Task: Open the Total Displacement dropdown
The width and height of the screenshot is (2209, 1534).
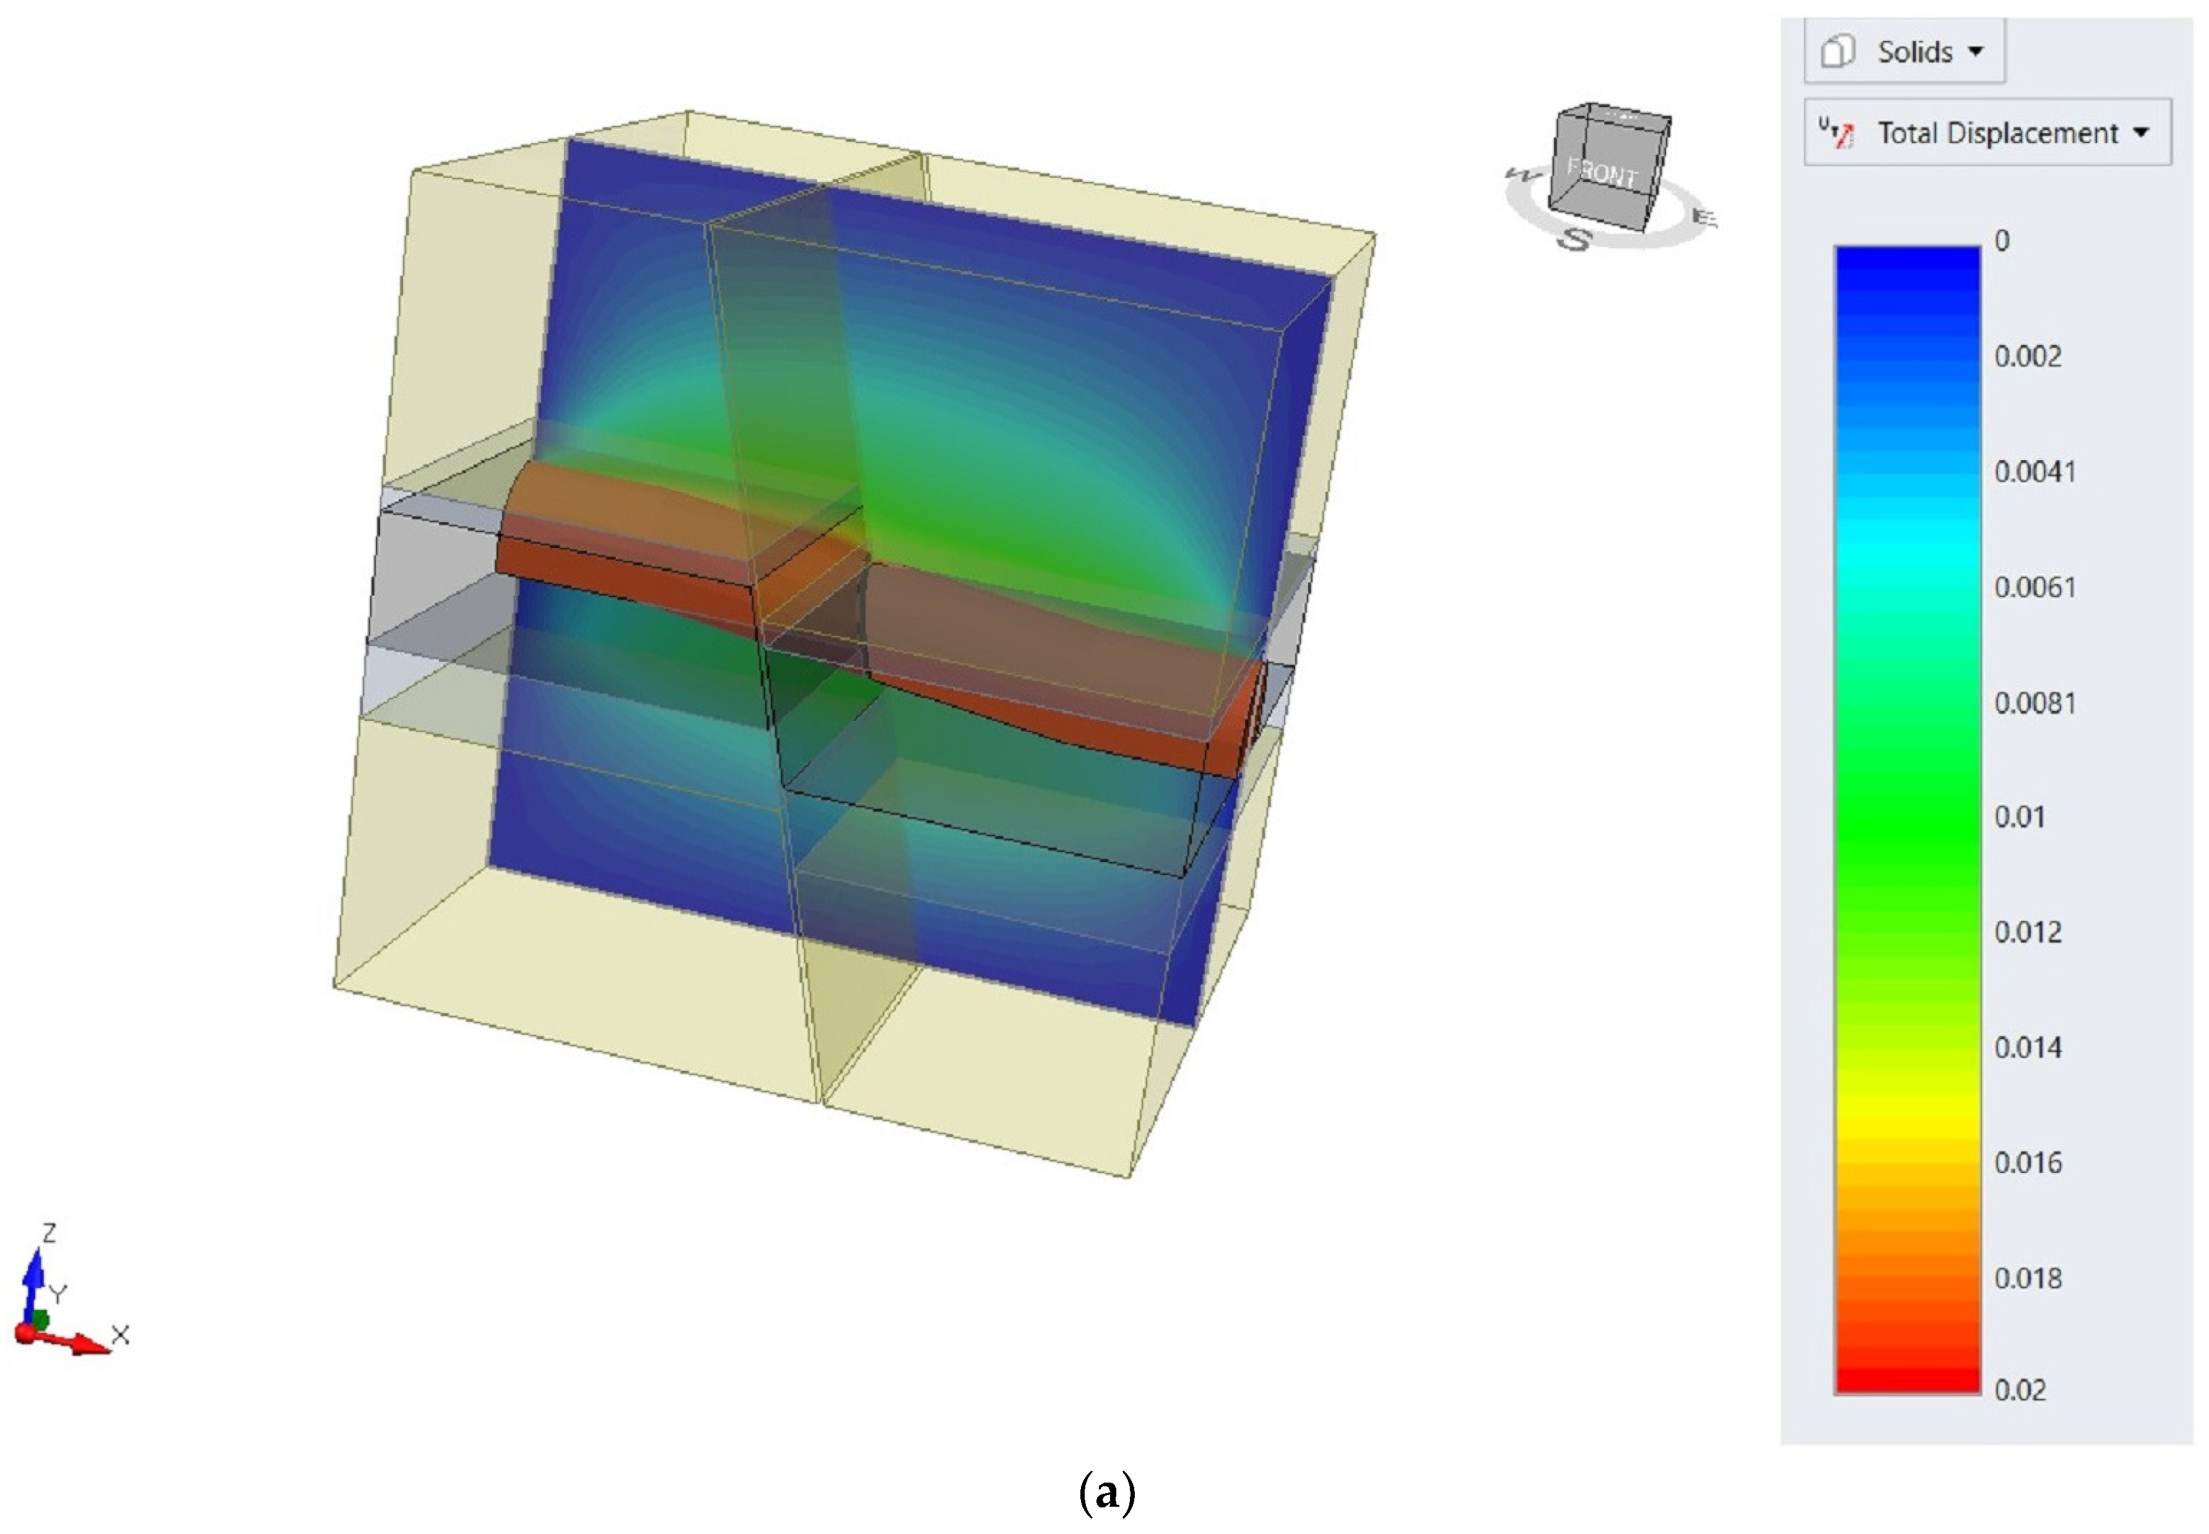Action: coord(1987,133)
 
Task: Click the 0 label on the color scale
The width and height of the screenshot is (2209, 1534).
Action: coord(2002,240)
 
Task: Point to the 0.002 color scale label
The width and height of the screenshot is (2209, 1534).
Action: coord(2028,357)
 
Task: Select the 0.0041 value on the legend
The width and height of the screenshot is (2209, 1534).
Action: coord(2035,472)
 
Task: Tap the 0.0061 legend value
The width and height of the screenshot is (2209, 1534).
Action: coord(2035,587)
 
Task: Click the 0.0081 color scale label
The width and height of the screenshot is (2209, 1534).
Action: coord(2035,704)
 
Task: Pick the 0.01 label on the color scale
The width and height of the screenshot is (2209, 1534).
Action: coord(2020,817)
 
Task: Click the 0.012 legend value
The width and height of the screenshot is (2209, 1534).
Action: coord(2028,932)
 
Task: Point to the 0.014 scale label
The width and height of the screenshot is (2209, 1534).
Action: coord(2028,1048)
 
